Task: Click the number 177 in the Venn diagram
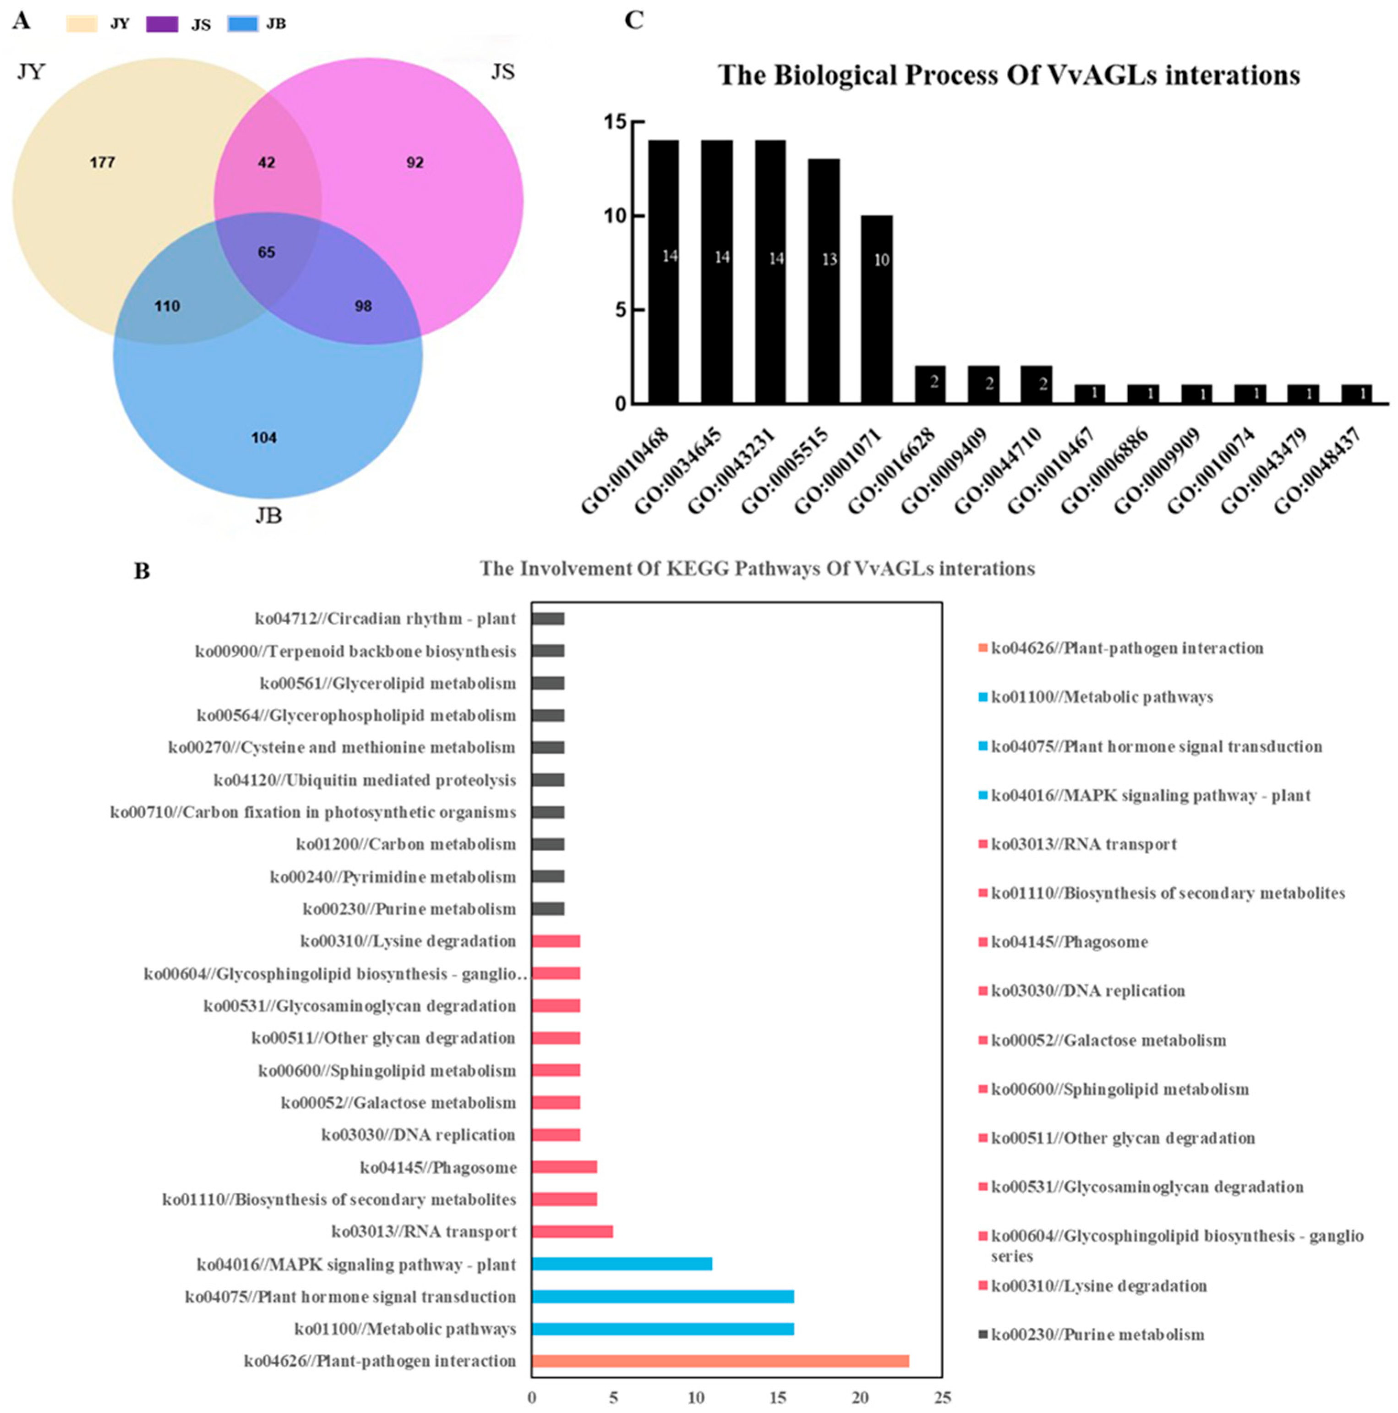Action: pyautogui.click(x=102, y=162)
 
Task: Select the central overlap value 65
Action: pyautogui.click(x=266, y=252)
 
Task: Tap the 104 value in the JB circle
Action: pyautogui.click(x=264, y=438)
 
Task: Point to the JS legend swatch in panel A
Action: pyautogui.click(x=162, y=24)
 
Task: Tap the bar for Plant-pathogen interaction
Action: pyautogui.click(x=720, y=1360)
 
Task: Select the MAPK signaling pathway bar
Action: pyautogui.click(x=622, y=1264)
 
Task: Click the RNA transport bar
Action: pyautogui.click(x=572, y=1232)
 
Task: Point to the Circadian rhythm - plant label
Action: pyautogui.click(x=385, y=619)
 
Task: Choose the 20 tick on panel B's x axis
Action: pyautogui.click(x=861, y=1397)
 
